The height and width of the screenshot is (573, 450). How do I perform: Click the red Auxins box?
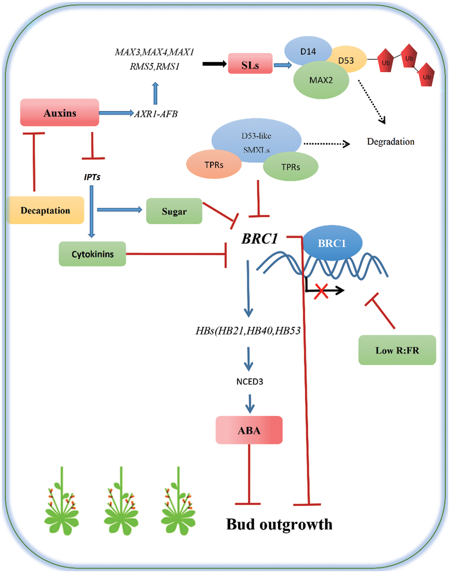point(59,113)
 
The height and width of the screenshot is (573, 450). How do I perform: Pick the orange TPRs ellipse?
point(214,165)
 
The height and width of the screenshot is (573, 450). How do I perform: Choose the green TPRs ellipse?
point(291,167)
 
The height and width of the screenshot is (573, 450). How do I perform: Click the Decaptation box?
point(45,210)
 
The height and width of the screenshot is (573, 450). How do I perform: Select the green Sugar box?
point(174,211)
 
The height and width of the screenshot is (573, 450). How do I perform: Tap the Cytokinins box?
point(93,254)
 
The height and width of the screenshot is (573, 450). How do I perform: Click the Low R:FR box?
point(397,350)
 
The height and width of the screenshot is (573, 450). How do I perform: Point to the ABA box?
point(249,430)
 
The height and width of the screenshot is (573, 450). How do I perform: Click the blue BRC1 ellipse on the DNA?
point(332,243)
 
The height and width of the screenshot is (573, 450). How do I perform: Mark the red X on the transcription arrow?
point(321,291)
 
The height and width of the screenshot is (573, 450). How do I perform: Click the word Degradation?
point(391,142)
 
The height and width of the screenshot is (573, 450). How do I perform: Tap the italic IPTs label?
point(92,177)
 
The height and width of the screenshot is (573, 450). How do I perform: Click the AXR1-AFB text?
point(156,114)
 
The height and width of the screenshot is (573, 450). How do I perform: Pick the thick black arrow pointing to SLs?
point(215,64)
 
